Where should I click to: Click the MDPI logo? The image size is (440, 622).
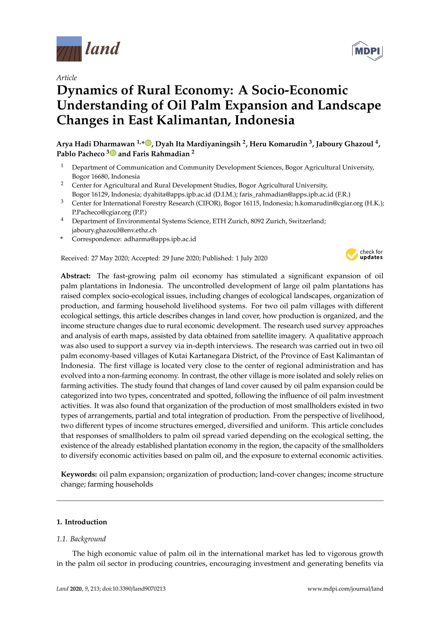click(x=367, y=51)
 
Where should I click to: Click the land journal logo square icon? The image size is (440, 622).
click(x=69, y=49)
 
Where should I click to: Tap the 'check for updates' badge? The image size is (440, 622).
click(x=364, y=255)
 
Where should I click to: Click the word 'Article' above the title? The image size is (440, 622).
click(x=67, y=78)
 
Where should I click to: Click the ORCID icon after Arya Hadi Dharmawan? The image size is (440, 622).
click(x=148, y=143)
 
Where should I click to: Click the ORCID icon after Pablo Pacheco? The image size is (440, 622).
click(x=113, y=153)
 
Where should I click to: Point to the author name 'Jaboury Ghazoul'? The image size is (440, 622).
click(x=344, y=144)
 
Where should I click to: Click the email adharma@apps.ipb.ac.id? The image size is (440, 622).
click(x=160, y=239)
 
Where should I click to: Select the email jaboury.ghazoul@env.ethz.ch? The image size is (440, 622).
click(x=114, y=230)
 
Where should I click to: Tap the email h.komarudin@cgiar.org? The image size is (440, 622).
click(x=329, y=203)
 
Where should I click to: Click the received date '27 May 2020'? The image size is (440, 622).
click(x=110, y=258)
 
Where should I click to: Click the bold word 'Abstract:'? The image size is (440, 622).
click(x=76, y=276)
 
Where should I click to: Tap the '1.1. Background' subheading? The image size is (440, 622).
click(x=81, y=539)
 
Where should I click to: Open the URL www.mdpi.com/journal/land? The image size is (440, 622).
click(x=345, y=589)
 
